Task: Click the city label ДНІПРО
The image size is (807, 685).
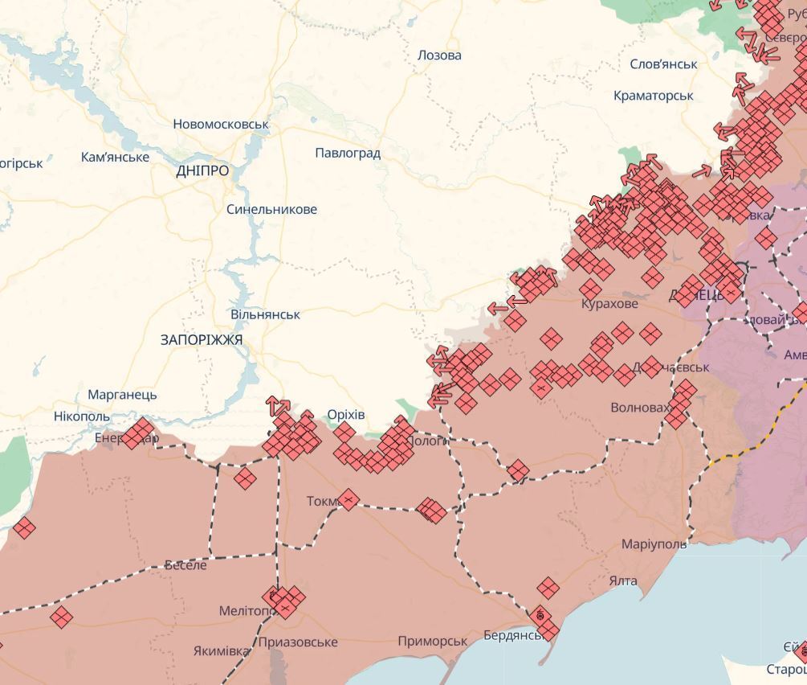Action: point(202,170)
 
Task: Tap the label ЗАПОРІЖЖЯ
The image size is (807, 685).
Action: point(202,340)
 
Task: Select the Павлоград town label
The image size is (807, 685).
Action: point(348,153)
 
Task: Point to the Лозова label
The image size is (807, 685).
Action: point(439,55)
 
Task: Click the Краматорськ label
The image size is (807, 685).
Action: point(653,95)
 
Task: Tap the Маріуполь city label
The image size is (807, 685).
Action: point(654,544)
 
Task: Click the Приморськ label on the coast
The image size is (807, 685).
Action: point(432,641)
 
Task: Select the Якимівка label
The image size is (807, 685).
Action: point(221,650)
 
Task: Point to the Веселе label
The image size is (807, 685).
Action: point(185,565)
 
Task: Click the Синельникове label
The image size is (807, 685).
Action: point(271,209)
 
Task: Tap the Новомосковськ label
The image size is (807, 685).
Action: point(221,125)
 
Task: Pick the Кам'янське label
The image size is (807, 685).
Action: point(115,157)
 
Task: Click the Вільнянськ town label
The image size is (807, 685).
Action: point(265,314)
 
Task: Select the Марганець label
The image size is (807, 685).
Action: point(122,395)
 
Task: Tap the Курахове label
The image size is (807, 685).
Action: point(609,304)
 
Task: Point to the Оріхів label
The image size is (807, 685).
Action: point(346,415)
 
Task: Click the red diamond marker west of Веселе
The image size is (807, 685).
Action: point(24,528)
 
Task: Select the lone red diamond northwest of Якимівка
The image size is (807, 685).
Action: point(61,617)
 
